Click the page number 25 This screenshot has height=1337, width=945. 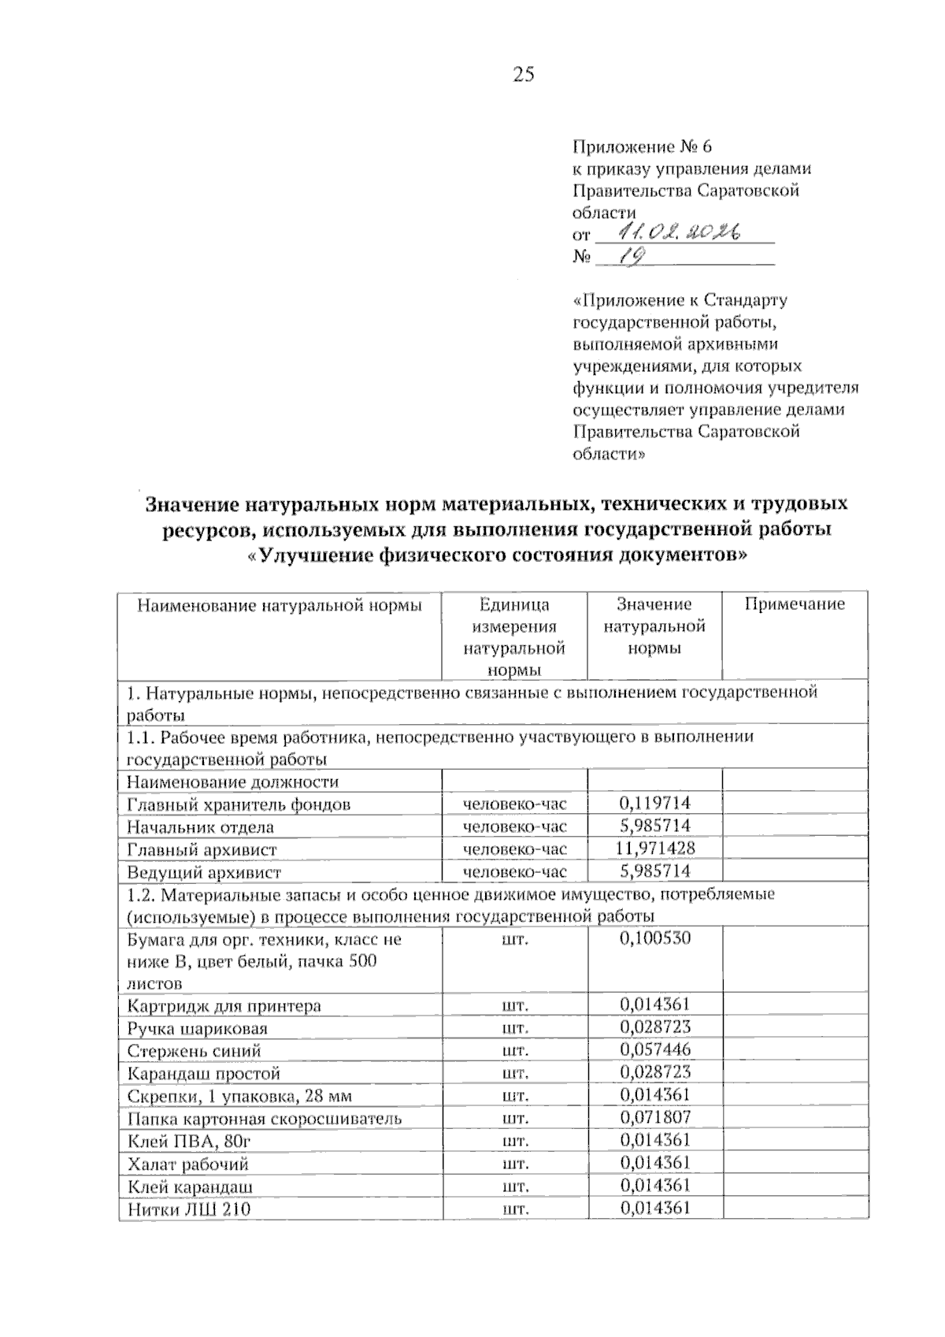pos(523,75)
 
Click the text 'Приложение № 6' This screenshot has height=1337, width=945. pos(642,147)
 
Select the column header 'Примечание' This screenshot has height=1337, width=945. pos(794,604)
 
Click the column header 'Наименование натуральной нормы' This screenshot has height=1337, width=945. pos(280,605)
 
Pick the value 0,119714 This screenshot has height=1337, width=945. pos(654,803)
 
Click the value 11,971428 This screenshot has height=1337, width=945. pos(654,848)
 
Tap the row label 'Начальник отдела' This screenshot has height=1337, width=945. pos(200,827)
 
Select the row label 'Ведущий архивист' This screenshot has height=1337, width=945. pos(203,872)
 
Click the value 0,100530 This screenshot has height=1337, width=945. pos(654,938)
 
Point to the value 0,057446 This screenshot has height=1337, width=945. pos(654,1049)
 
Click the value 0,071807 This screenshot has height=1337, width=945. pos(654,1117)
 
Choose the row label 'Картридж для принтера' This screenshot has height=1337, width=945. pos(224,1006)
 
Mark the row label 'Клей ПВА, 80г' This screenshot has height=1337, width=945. pos(188,1141)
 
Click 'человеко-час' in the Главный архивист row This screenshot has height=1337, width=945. pos(514,849)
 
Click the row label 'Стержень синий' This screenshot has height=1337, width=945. pos(193,1051)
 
